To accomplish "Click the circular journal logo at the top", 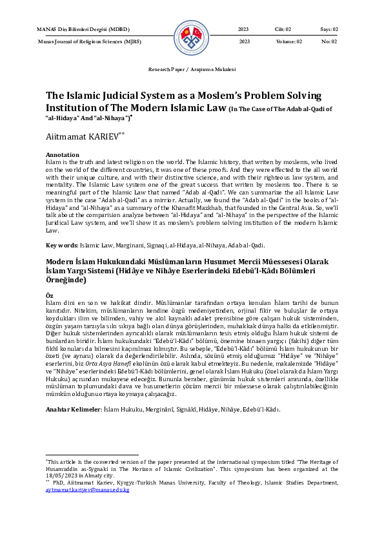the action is (192, 36).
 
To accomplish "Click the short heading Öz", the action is (50, 295).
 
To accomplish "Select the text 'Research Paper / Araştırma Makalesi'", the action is (192, 69).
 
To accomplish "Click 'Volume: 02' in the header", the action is (287, 41).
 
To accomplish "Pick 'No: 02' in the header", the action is (329, 41).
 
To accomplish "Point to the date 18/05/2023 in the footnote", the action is (62, 477).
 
